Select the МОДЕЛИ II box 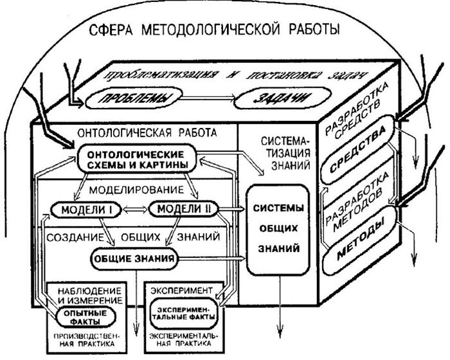184,210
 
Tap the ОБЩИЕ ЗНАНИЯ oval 133,260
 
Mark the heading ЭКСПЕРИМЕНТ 177,291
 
